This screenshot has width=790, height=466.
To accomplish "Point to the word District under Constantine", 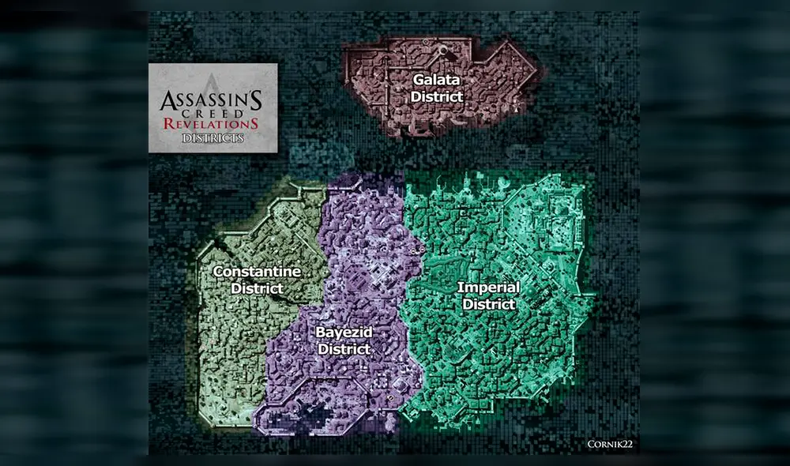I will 257,288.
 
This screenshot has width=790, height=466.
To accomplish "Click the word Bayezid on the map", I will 343,333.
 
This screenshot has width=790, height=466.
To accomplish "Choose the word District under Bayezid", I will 344,348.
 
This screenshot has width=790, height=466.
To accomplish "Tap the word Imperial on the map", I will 488,288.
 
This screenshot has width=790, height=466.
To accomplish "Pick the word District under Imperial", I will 488,304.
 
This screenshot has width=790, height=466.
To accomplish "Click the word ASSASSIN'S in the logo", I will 212,102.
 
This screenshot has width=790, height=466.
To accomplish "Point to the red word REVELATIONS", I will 212,126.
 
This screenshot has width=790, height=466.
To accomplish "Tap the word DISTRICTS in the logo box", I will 212,138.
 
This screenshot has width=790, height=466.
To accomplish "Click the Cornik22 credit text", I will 609,445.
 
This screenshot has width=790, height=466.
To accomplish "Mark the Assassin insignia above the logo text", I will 212,83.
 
